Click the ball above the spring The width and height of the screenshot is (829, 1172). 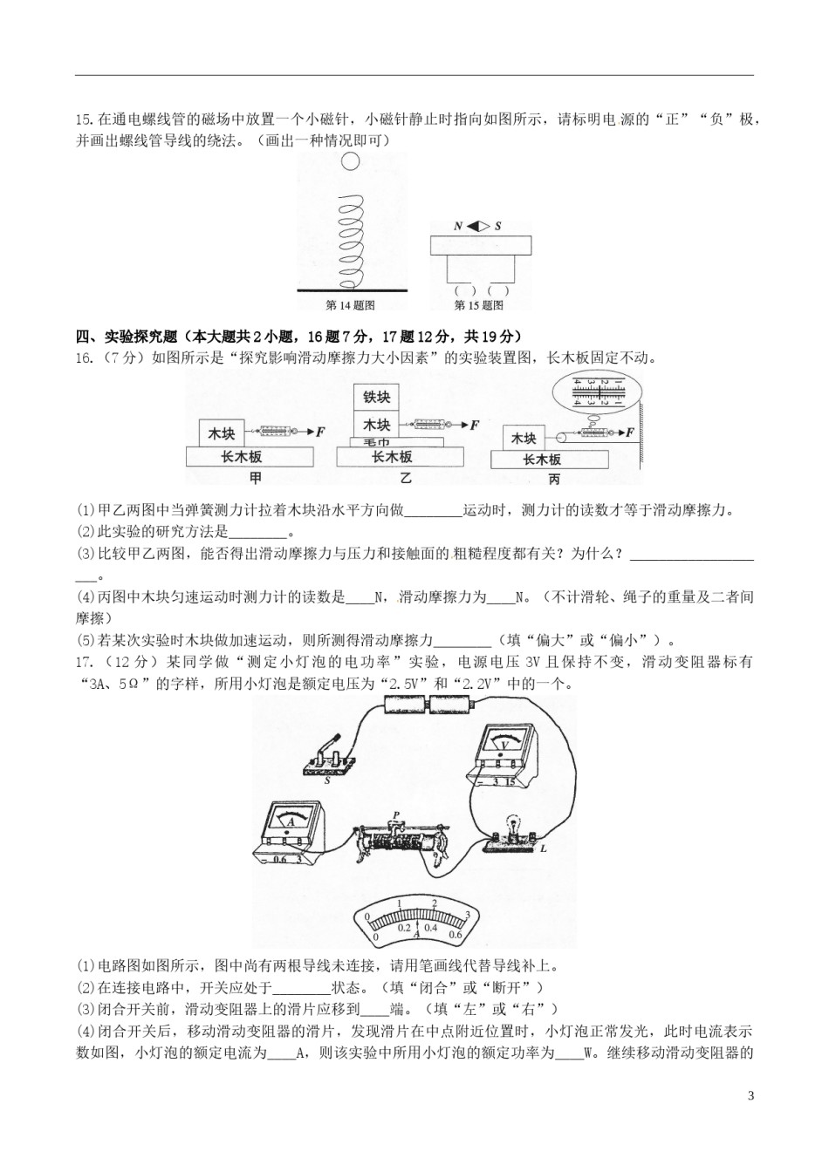click(350, 161)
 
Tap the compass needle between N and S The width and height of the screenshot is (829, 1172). click(478, 227)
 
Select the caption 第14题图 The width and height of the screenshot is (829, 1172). click(350, 305)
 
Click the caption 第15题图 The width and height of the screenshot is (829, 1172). click(479, 305)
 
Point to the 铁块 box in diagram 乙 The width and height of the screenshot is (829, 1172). click(376, 397)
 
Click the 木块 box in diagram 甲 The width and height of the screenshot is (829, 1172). click(222, 433)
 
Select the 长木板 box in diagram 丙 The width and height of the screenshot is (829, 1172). click(550, 460)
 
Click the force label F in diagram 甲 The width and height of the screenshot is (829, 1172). click(320, 432)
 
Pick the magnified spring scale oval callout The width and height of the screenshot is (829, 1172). click(597, 392)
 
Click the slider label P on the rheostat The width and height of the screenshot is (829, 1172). click(396, 815)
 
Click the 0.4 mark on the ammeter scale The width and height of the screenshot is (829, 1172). click(430, 928)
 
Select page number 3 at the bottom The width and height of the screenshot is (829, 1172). click(751, 1080)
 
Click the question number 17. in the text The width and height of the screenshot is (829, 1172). click(86, 662)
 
